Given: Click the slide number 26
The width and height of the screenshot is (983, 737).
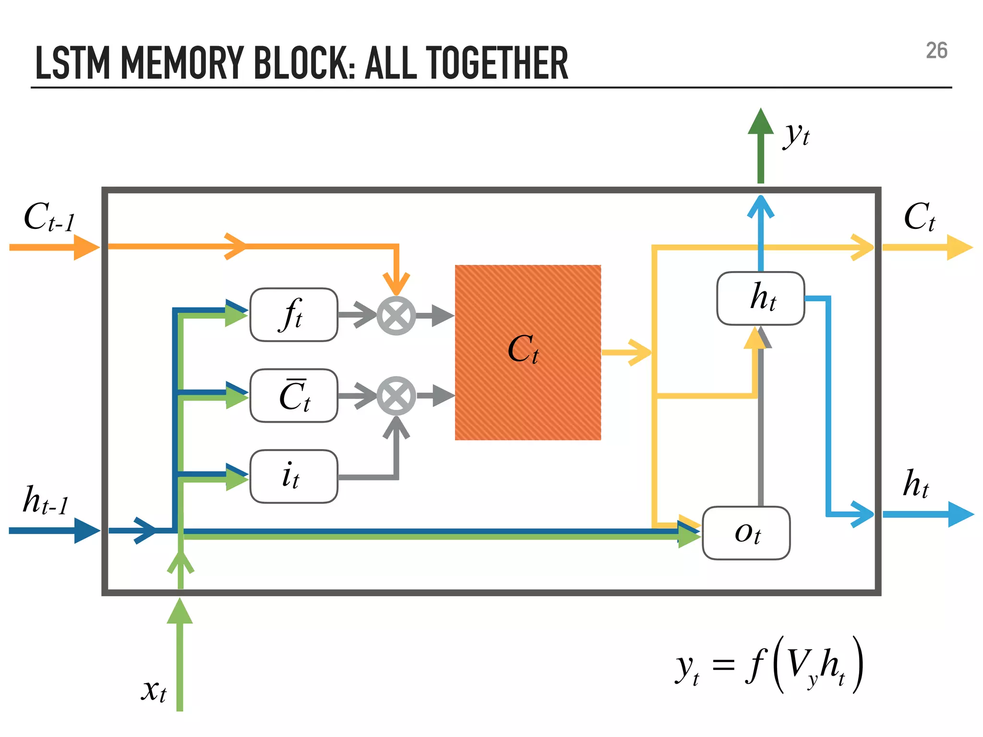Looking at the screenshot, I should [936, 51].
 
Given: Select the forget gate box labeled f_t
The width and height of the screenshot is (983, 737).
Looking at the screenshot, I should [294, 315].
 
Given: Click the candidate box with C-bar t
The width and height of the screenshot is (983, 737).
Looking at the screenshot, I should [294, 396].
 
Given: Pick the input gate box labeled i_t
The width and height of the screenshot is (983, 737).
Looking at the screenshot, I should [294, 476].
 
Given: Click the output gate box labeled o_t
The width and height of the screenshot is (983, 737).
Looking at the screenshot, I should [746, 533].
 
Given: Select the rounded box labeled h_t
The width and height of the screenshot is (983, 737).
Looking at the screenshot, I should [760, 298].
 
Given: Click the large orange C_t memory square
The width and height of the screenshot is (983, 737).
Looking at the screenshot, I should [527, 352].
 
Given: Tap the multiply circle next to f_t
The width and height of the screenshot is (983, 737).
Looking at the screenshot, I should [396, 315].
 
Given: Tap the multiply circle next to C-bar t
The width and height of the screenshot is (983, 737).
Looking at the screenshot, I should [396, 396].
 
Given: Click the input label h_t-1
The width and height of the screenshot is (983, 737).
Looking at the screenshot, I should [46, 500].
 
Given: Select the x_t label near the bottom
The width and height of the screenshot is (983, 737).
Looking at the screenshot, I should [154, 690].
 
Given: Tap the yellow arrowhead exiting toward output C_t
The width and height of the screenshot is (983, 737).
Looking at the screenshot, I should [960, 248].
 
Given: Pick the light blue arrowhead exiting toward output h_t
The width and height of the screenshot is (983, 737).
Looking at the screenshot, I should [961, 514].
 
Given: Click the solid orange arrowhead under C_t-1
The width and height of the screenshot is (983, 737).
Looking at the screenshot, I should [86, 248].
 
